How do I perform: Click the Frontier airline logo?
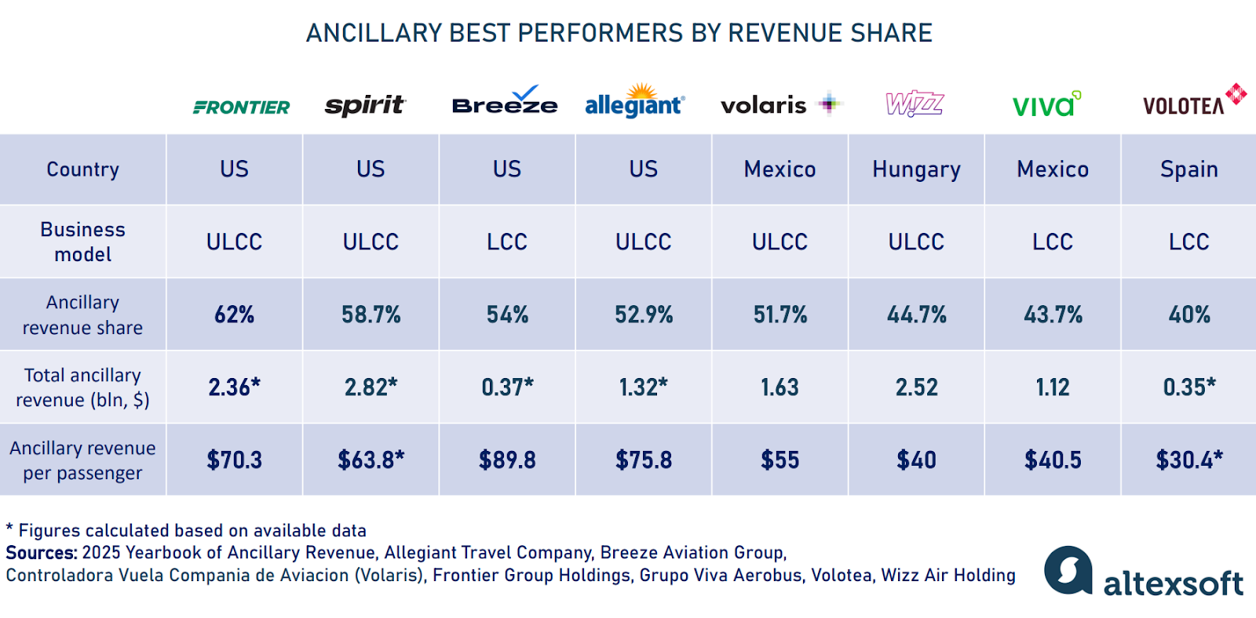coord(241,107)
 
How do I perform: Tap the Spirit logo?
coord(365,105)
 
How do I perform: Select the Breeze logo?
coord(505,103)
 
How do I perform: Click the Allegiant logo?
coord(635,103)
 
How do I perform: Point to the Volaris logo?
coord(780,104)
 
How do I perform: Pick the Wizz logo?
coord(915,104)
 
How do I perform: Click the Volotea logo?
coord(1193,102)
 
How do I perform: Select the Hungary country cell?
coord(916,169)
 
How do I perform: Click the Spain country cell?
coord(1188,169)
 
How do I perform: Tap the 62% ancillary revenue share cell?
coord(234,314)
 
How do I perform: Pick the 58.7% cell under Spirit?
coord(371,314)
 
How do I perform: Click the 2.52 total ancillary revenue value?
coord(916,387)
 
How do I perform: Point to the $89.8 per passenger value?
coord(507,460)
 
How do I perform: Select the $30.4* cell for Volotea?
coord(1188,460)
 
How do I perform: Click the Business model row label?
coord(82,242)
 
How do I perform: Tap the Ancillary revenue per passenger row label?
coord(82,460)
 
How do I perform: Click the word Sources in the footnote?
coord(41,553)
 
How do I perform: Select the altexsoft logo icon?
coord(1068,570)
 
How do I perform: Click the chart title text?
coord(619,33)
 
